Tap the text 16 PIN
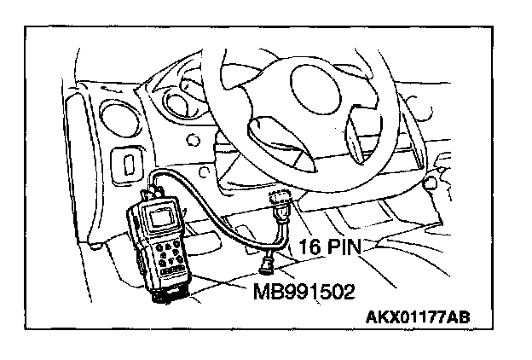click(331, 248)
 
